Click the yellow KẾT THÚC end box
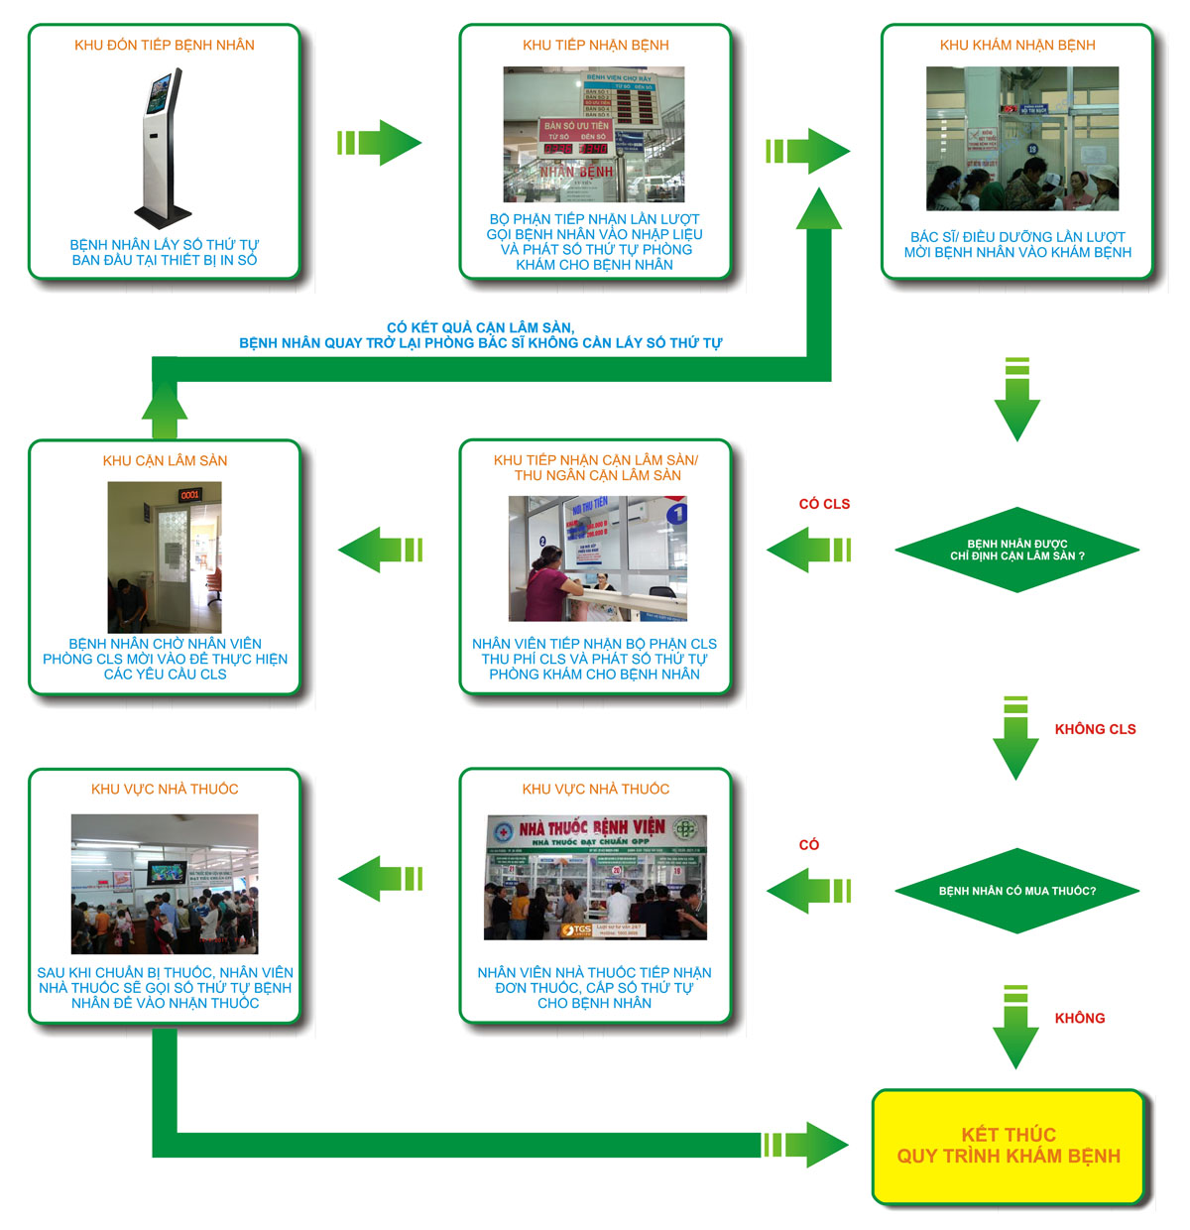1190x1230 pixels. [1009, 1146]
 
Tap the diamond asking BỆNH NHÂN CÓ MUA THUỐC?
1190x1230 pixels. [1016, 891]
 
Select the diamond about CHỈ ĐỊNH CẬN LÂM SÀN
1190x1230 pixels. [1016, 550]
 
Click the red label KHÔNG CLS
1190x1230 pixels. [1095, 729]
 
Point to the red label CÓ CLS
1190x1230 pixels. [824, 504]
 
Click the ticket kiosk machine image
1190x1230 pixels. [164, 147]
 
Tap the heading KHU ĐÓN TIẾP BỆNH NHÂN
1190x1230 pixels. [165, 45]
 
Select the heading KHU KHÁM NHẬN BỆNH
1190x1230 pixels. [1017, 45]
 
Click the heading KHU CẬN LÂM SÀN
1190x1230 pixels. [165, 460]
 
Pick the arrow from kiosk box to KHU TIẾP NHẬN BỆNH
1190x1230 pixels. [380, 143]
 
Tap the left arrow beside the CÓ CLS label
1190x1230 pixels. [808, 550]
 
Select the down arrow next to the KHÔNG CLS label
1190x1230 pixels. [1015, 739]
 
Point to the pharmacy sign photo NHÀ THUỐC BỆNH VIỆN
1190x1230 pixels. [595, 877]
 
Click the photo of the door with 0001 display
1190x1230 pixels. [165, 556]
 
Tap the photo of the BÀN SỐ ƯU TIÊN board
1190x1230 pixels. [594, 135]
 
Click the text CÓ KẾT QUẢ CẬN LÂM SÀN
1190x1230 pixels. [480, 327]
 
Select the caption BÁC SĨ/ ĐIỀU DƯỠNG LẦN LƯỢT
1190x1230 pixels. [1017, 237]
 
